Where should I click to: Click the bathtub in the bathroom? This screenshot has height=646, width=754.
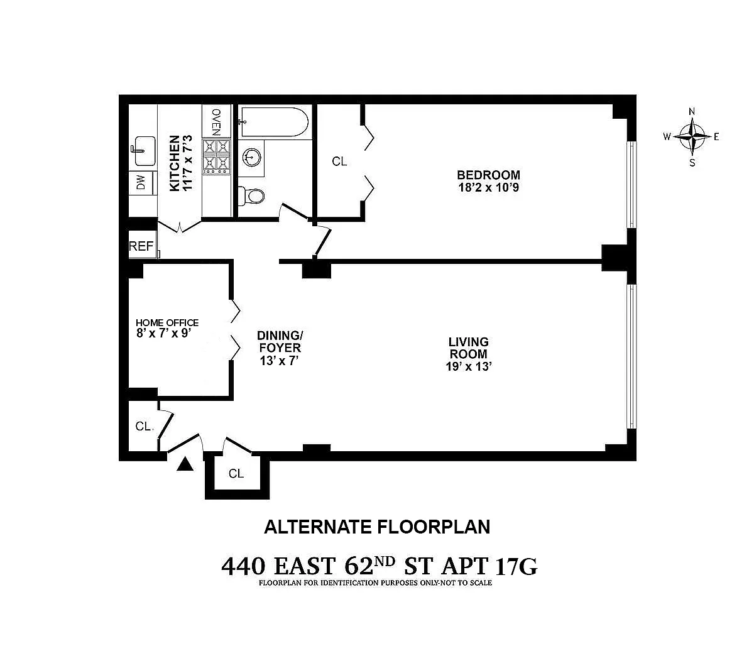click(273, 122)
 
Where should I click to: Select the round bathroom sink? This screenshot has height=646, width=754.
click(252, 157)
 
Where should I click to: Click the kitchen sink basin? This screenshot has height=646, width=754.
click(145, 151)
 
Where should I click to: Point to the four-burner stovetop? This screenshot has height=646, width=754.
click(217, 157)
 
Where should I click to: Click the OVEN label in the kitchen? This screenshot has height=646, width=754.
click(216, 122)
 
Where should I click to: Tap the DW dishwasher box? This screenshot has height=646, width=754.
click(141, 182)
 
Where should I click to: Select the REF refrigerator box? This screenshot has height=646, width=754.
click(142, 245)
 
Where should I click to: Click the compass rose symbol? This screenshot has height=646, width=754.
click(692, 137)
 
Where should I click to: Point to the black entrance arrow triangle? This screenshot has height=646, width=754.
click(185, 464)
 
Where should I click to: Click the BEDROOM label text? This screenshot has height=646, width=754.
click(488, 175)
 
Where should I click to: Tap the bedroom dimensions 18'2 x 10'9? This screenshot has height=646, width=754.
click(488, 188)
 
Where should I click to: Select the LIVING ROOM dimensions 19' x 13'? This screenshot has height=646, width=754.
click(469, 366)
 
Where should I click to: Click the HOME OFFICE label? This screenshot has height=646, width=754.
click(167, 323)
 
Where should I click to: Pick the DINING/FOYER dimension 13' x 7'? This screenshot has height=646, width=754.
click(280, 361)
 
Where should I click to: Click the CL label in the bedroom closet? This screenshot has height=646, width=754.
click(339, 161)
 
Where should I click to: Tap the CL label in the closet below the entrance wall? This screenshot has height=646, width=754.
click(236, 473)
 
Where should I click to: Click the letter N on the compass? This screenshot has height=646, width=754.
click(692, 112)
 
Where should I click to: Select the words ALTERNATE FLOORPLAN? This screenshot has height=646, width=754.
click(377, 527)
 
